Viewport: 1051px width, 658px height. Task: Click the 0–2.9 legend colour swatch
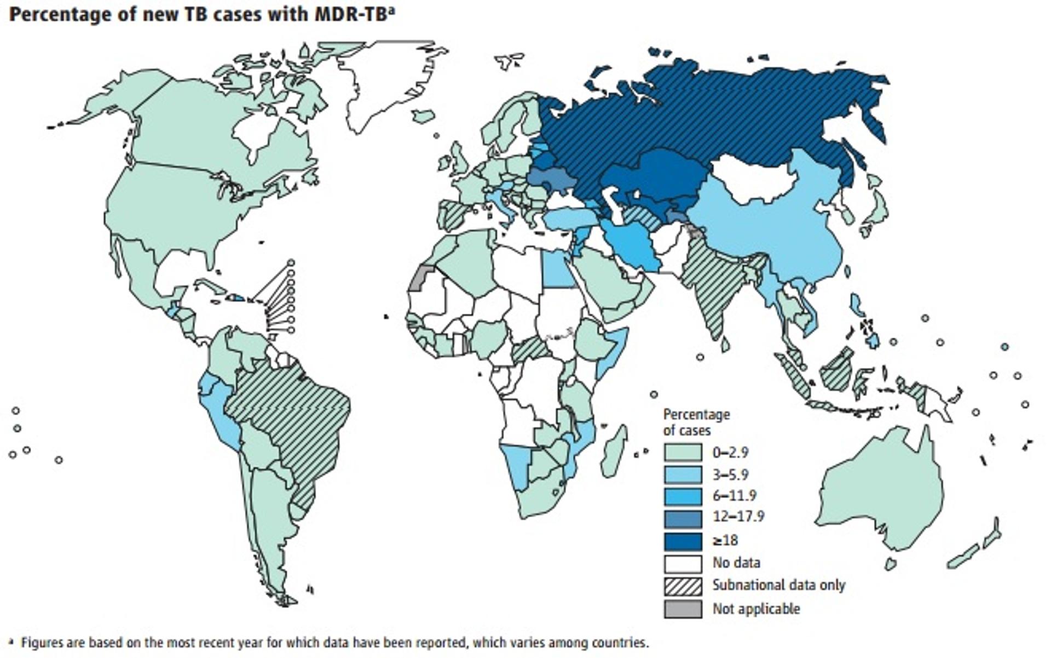click(683, 453)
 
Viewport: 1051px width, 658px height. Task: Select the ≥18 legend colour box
click(683, 541)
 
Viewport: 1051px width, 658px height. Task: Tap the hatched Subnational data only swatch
click(683, 586)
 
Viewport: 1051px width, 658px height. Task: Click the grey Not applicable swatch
click(683, 609)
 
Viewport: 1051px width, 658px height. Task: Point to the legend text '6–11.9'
click(734, 496)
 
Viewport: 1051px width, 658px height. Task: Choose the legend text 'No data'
click(736, 563)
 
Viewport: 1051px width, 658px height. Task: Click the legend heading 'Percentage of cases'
click(696, 422)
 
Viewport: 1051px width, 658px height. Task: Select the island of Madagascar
click(614, 452)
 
